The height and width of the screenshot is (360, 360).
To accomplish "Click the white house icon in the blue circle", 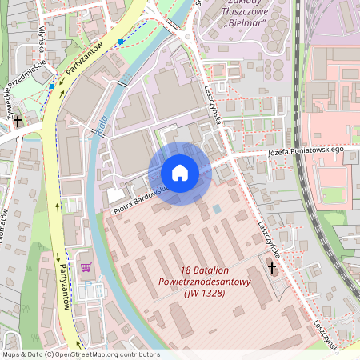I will click(179, 173).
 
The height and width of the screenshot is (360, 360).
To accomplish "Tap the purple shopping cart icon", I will click(86, 267).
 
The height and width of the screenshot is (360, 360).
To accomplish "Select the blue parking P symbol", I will click(120, 41).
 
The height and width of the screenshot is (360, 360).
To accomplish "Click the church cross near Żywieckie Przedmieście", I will click(17, 120).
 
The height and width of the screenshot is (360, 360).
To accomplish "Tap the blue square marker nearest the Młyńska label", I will click(52, 86).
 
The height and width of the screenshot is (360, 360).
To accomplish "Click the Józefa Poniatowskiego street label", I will click(305, 151).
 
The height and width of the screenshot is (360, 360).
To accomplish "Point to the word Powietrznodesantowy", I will click(205, 282).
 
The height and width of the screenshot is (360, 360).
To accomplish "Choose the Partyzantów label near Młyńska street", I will click(85, 62).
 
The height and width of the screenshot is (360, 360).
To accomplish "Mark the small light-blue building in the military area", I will click(217, 210).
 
